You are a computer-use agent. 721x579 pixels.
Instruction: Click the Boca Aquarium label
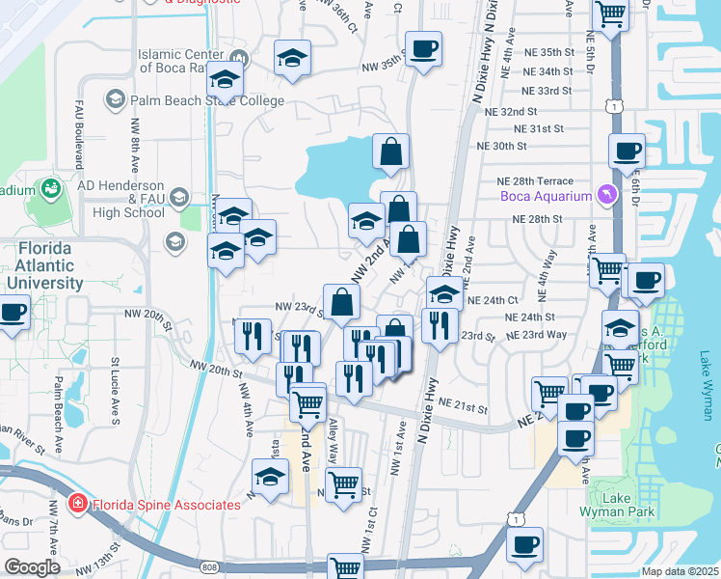tap(545, 197)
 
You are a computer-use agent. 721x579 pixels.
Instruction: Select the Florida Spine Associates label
tap(165, 504)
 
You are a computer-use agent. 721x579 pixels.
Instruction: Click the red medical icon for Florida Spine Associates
tap(76, 504)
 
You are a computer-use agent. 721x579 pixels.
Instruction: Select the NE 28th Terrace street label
tap(534, 181)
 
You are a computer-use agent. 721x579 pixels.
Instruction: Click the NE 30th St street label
tap(502, 146)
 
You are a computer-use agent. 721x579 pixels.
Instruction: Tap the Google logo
tap(32, 567)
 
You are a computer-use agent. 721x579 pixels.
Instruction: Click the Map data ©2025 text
tap(680, 571)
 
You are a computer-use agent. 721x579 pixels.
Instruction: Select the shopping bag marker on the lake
tap(390, 152)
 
